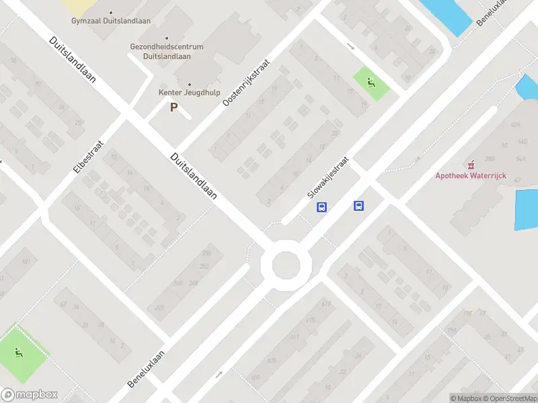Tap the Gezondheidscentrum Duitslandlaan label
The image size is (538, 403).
[x=167, y=52]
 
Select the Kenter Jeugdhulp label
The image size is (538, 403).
[x=188, y=93]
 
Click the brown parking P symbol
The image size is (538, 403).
[x=174, y=107]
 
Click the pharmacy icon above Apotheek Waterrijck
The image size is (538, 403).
[x=471, y=164]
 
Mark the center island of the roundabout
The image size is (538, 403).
[x=285, y=264]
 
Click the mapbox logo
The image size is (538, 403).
[x=29, y=395]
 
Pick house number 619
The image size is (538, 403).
[x=327, y=304]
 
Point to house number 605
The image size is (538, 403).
[x=272, y=360]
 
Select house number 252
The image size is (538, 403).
[x=204, y=267]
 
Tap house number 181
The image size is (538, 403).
[x=26, y=261]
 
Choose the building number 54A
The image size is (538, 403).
[x=520, y=159]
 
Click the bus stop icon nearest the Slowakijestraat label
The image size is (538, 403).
[x=322, y=207]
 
